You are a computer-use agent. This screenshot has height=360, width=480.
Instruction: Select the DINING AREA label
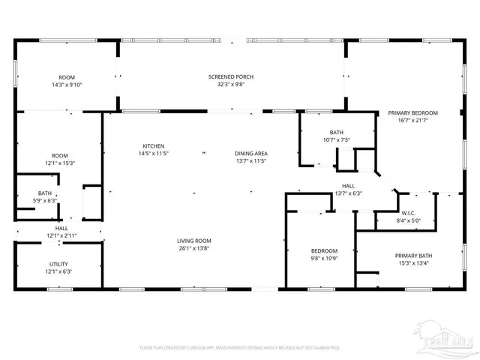(x=251, y=154)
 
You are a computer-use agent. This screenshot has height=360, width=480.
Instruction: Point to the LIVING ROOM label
(x=193, y=241)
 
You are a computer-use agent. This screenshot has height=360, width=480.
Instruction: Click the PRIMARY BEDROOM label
(x=412, y=113)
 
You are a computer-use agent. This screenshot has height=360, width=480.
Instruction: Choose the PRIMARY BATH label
(x=415, y=256)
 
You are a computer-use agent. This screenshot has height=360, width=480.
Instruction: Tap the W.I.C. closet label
(x=409, y=213)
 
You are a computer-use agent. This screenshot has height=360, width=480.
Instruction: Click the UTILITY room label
(x=59, y=264)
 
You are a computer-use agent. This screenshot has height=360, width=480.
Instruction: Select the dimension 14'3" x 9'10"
(x=66, y=85)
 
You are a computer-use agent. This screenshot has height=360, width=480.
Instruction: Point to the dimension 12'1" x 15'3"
(x=59, y=163)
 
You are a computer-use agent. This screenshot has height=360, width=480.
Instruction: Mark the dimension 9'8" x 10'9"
(x=325, y=258)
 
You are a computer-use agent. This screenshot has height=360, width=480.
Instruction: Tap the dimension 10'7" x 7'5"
(x=337, y=139)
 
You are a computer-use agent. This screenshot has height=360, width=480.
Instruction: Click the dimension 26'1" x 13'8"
(x=193, y=248)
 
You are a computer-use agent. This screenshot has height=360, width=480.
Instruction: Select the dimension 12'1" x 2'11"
(x=61, y=235)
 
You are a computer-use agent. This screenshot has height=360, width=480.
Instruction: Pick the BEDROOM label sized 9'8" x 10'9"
(x=325, y=250)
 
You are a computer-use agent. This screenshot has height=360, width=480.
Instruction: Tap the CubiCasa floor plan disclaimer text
(x=240, y=347)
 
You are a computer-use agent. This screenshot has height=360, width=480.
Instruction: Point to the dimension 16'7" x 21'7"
(x=412, y=121)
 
